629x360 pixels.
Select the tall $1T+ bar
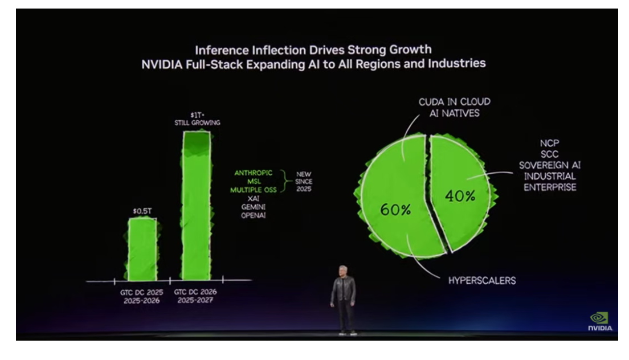tap(195, 205)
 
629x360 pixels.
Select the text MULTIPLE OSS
tap(254, 190)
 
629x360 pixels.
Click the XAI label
tap(254, 198)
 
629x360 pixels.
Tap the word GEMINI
tap(254, 207)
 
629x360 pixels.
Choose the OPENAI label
tap(254, 215)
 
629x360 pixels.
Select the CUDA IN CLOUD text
tap(454, 102)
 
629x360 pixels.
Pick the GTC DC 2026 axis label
tap(195, 292)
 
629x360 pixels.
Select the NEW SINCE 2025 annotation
tap(303, 181)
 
